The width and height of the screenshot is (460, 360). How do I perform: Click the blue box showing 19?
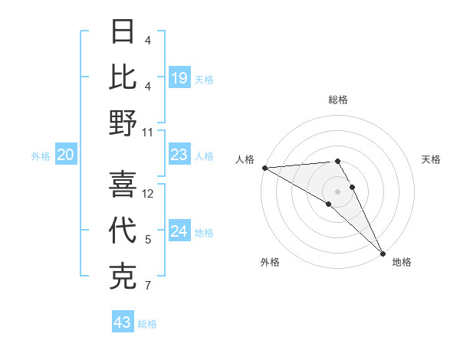pos(179,77)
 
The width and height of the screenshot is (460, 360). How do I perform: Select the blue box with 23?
pos(179,155)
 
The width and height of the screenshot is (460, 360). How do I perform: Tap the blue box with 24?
pos(179,231)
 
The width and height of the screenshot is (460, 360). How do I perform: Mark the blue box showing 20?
pos(66,155)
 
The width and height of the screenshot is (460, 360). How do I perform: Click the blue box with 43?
pos(123,322)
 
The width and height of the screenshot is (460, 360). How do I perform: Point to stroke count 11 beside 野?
pos(148,132)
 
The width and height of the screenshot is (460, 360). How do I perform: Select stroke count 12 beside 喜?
pos(148,194)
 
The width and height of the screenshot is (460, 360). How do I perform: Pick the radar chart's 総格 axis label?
pos(338,100)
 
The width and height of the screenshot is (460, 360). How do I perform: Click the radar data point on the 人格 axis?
pos(264,167)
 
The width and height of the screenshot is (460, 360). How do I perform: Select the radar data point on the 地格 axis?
pos(382,253)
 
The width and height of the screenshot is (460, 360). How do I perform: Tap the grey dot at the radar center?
pos(338,191)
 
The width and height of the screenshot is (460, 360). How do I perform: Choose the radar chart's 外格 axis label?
pos(270,262)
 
